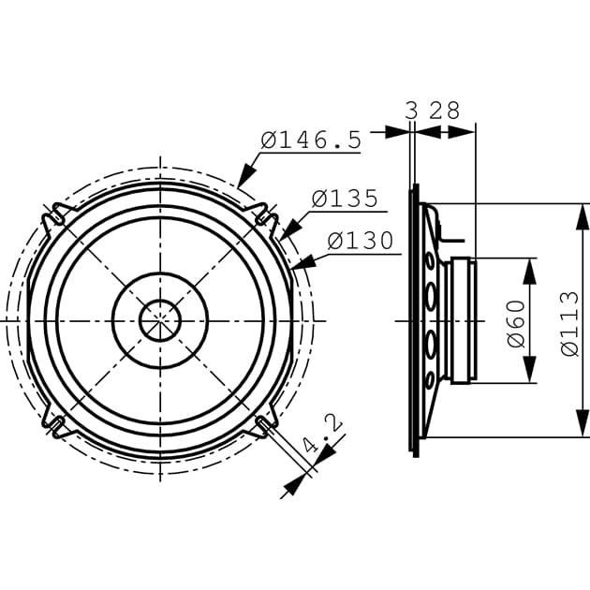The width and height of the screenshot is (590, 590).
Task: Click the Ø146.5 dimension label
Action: click(x=310, y=140)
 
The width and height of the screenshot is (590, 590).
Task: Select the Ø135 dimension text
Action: click(x=345, y=199)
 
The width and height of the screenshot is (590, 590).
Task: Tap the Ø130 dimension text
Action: click(x=361, y=241)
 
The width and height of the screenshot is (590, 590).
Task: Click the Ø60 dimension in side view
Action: click(x=515, y=320)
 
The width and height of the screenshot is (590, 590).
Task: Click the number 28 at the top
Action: click(x=445, y=111)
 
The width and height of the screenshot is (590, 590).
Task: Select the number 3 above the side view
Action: click(x=411, y=111)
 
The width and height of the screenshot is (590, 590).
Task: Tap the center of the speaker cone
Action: click(x=160, y=320)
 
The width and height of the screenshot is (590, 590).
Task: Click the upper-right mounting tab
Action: click(x=266, y=217)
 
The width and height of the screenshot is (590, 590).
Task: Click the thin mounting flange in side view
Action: click(x=414, y=320)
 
